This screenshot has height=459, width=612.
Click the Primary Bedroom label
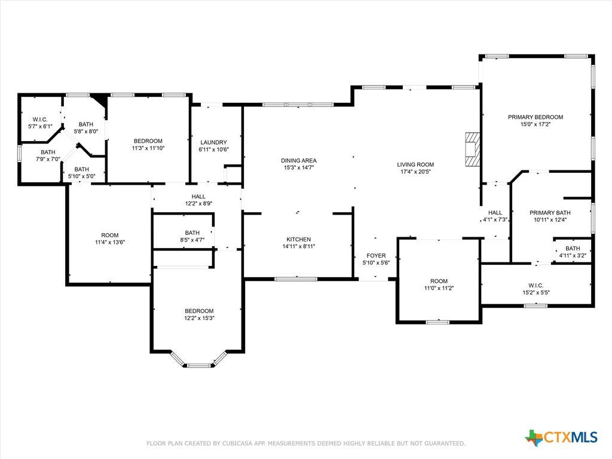[535, 117]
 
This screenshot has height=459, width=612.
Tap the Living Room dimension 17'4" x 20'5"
[415, 172]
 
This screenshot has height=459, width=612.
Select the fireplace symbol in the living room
[472, 148]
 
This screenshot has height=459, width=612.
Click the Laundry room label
[213, 142]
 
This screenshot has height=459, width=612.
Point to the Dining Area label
[299, 160]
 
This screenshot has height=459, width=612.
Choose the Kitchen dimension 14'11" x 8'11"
[299, 246]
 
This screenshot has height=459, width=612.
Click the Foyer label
[376, 256]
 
